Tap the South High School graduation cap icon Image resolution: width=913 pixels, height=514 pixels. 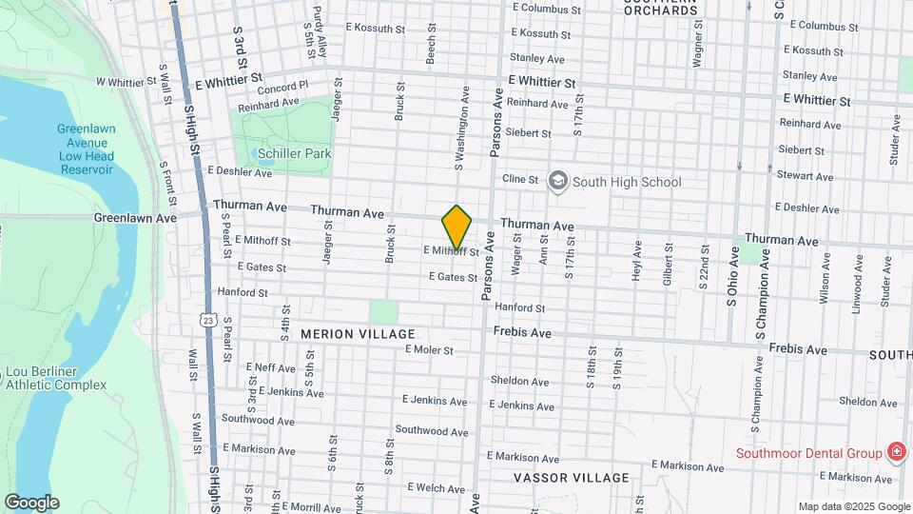coord(557,180)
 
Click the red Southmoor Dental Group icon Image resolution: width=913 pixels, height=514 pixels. coord(895,452)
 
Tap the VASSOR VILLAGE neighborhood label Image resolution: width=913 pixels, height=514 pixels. coord(571,477)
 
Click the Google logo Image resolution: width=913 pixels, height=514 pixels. coord(31,502)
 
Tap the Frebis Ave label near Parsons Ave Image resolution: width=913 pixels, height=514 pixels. coord(522,333)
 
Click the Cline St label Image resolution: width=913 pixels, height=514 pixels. coord(520,178)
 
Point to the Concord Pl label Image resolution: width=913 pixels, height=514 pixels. coord(282,87)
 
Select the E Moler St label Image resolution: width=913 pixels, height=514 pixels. coord(429,349)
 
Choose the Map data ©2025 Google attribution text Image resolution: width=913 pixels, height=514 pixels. coord(853,506)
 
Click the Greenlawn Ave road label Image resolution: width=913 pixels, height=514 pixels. coord(135,218)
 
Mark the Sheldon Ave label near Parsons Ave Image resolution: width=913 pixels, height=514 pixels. coord(519,382)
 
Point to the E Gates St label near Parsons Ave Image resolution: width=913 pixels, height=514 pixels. coord(453,277)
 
